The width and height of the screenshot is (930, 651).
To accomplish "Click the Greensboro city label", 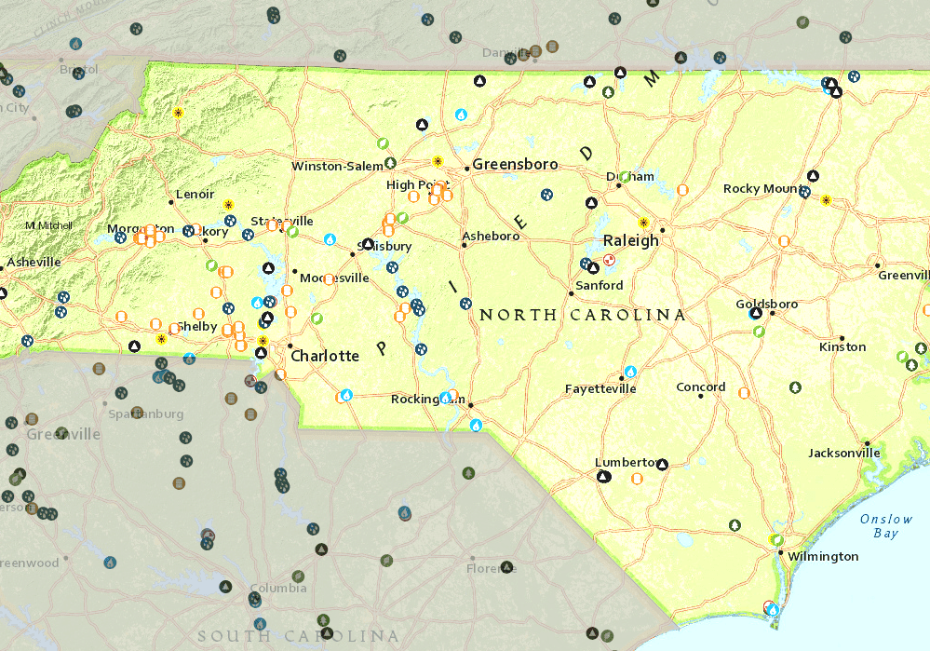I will [515, 165].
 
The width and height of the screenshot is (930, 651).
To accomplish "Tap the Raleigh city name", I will [630, 240].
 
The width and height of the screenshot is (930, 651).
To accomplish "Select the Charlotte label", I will [324, 356].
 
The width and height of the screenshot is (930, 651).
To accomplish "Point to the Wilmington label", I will [823, 557].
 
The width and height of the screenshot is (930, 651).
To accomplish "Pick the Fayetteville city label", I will [600, 388].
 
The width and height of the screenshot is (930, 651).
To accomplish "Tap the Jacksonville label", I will [843, 454].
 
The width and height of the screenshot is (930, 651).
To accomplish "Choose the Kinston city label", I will [842, 347].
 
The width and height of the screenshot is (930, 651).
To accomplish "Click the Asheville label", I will [34, 263].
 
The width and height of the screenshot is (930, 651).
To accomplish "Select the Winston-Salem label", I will [337, 167].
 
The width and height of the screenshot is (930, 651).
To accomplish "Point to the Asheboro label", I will [491, 237].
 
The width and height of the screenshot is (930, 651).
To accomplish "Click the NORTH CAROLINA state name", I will [582, 316].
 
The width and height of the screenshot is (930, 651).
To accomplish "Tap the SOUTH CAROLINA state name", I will [298, 637].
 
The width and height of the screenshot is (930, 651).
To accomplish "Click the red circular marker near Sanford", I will [609, 260].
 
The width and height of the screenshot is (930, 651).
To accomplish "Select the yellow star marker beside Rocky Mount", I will [826, 199].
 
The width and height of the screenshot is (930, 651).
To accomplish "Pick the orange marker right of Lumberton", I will [637, 479].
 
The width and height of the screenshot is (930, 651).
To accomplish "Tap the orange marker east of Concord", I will [744, 393].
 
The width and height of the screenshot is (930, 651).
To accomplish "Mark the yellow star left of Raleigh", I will [642, 223].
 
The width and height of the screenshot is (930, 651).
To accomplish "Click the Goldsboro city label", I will [766, 305].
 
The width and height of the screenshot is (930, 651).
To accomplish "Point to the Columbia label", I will [278, 589].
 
